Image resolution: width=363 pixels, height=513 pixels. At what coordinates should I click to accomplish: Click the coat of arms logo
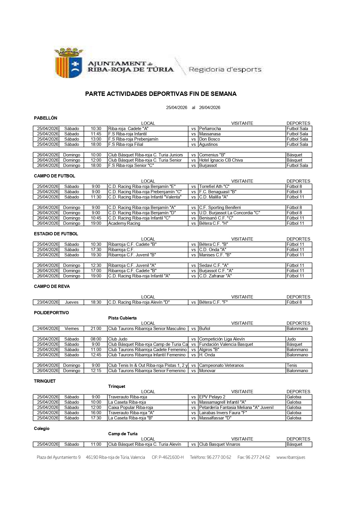[69, 63]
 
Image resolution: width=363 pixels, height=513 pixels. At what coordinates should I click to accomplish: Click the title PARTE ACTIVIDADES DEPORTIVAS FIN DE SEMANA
[161, 94]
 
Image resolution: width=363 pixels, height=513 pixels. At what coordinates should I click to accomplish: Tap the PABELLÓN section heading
[46, 118]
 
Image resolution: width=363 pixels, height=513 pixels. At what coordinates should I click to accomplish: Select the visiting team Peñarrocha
[210, 129]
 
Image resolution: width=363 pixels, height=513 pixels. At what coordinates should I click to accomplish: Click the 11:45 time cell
[96, 134]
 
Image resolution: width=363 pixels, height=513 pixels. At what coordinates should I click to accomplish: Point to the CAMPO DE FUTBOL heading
[54, 176]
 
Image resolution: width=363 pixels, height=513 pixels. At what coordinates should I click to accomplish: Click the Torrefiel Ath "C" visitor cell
[214, 186]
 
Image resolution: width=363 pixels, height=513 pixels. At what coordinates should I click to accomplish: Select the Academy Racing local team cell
[124, 223]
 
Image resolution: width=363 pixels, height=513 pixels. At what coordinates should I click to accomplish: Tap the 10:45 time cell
[96, 218]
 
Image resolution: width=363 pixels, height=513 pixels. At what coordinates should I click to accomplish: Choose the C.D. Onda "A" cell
[213, 250]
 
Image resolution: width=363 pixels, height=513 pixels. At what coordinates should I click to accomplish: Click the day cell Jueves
[72, 302]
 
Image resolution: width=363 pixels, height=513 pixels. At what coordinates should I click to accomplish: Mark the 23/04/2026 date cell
[48, 302]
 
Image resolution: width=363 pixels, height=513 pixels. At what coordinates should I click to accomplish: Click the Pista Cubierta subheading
[122, 318]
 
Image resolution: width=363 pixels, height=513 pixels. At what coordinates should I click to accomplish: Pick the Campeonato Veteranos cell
[221, 365]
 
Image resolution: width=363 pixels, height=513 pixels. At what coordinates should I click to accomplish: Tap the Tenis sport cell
[292, 365]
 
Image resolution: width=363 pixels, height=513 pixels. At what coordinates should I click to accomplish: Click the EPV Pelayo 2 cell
[212, 397]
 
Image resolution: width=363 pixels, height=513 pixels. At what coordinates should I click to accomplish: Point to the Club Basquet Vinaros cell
[220, 444]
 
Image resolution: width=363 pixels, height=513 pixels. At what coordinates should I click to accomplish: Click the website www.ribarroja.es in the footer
[291, 457]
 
